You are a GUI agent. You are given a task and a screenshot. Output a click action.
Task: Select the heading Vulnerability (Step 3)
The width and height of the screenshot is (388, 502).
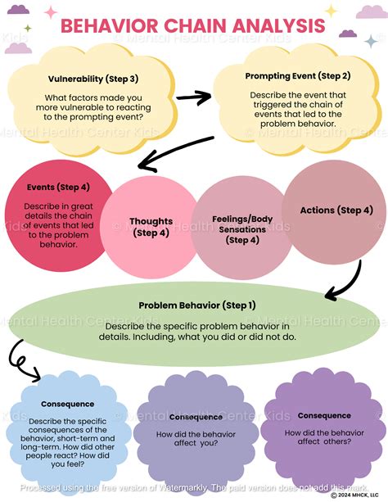92,79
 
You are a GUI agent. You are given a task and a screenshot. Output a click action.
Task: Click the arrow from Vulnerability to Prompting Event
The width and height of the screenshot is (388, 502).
194,97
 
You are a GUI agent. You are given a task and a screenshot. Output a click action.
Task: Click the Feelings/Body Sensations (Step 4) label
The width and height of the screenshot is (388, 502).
241,228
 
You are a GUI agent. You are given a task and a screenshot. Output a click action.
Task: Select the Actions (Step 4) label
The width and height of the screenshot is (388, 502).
336,210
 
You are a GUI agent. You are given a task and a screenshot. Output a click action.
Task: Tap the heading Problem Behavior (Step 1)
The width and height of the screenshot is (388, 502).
196,305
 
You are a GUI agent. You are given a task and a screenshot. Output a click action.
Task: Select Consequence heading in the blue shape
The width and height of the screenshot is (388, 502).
67,404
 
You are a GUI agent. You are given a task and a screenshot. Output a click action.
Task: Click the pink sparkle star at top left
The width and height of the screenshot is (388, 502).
51,12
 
